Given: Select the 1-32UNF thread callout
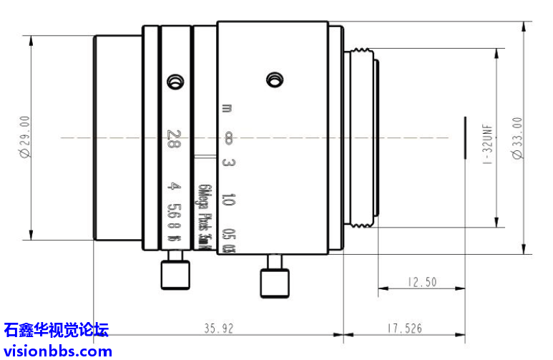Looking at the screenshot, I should tap(487, 143).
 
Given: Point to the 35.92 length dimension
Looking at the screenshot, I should tap(219, 329).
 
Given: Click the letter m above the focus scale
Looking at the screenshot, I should tap(227, 109).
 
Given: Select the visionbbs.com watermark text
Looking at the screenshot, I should tap(57, 351).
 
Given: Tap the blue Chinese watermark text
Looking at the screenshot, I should tap(56, 330).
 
